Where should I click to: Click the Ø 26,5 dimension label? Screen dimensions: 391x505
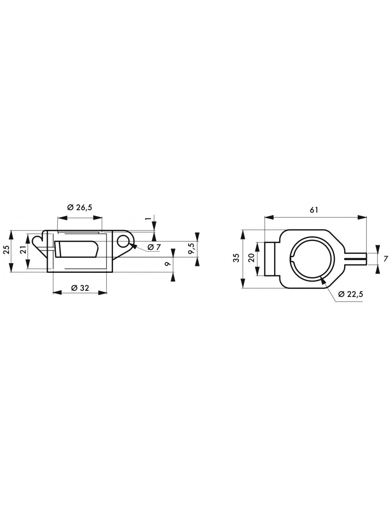[80, 207]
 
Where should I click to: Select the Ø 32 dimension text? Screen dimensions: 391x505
[80, 288]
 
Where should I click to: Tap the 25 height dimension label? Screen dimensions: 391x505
[7, 250]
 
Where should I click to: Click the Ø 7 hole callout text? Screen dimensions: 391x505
[154, 247]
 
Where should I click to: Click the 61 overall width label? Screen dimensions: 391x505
[314, 210]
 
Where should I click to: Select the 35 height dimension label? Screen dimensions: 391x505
[236, 258]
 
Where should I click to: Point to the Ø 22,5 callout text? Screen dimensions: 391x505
[351, 294]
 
